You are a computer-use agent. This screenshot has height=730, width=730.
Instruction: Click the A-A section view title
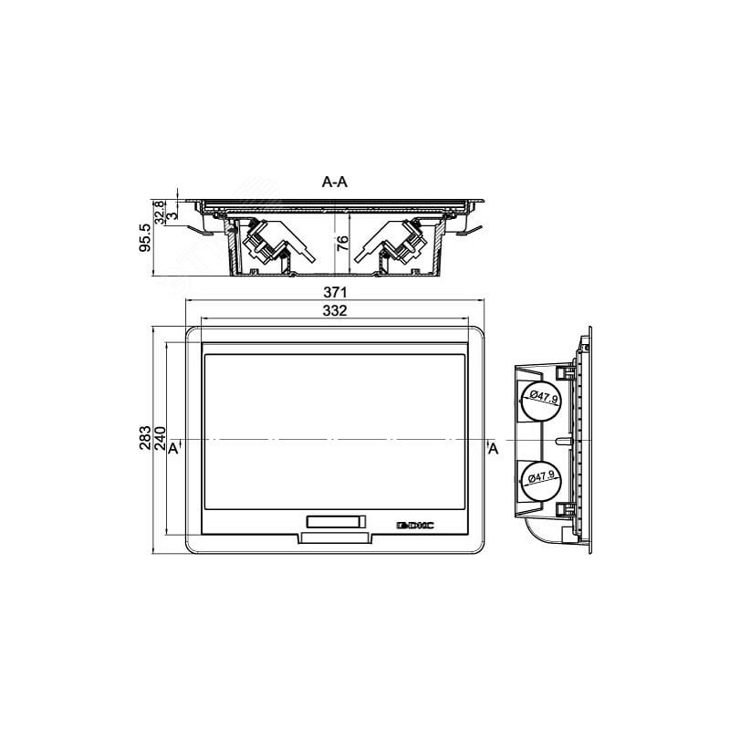334,182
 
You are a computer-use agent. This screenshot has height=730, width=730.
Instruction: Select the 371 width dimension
335,292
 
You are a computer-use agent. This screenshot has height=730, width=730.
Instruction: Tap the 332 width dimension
335,310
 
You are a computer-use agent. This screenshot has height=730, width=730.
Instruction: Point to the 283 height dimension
145,438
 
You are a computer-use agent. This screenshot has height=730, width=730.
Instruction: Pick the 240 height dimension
160,438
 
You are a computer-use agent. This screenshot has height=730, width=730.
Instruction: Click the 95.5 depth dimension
145,237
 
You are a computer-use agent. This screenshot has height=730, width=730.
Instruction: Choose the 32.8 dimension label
159,213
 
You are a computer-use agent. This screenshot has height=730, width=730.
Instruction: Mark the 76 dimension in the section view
342,244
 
